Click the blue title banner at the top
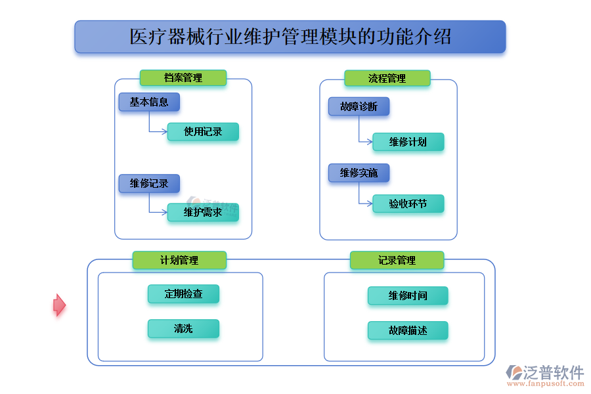click(x=290, y=37)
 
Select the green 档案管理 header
click(x=183, y=78)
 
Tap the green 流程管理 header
click(x=387, y=79)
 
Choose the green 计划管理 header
click(x=179, y=260)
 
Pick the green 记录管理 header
click(x=397, y=260)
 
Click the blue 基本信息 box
click(x=149, y=102)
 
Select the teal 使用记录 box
click(x=203, y=132)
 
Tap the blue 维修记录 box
click(x=149, y=183)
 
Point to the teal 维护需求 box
click(x=203, y=213)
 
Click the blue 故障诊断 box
click(x=359, y=107)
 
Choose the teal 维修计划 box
click(x=408, y=142)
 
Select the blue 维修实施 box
click(x=359, y=173)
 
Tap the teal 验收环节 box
click(x=408, y=204)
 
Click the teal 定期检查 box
click(x=183, y=294)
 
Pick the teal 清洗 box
click(x=183, y=329)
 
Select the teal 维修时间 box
click(x=408, y=295)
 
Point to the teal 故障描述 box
click(x=408, y=331)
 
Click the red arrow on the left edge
click(x=59, y=305)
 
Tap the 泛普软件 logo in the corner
click(x=544, y=375)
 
